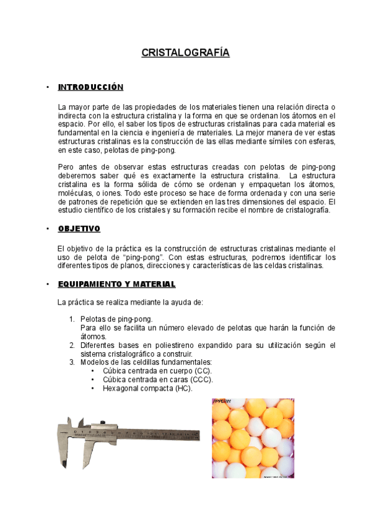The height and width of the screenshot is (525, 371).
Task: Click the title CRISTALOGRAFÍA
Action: click(x=185, y=53)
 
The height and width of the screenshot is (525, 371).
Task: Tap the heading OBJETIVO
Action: click(x=79, y=229)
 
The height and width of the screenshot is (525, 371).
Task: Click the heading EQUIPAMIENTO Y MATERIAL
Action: click(x=116, y=284)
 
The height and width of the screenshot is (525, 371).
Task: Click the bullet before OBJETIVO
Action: click(x=48, y=229)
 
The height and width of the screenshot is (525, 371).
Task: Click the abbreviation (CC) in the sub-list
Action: click(x=201, y=371)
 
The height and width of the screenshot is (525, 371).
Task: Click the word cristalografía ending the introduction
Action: click(x=303, y=210)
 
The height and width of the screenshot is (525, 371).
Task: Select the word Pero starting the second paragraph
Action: click(x=66, y=167)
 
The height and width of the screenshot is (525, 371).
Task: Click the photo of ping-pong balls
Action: click(x=252, y=438)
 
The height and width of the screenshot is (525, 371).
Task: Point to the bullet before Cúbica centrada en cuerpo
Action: click(x=93, y=371)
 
